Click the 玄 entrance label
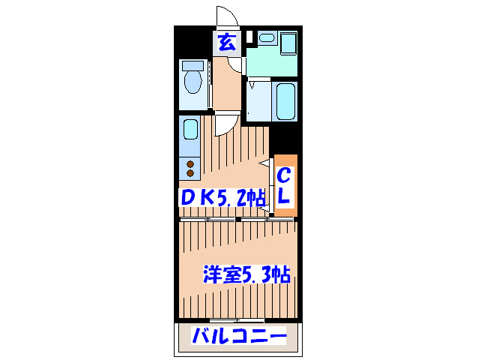226,41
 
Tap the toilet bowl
193,83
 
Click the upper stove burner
190,163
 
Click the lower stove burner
190,172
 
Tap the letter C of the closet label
285,176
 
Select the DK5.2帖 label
223,198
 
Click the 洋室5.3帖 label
246,274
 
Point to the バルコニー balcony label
238,337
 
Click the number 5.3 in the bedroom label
255,274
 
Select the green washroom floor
270,64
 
